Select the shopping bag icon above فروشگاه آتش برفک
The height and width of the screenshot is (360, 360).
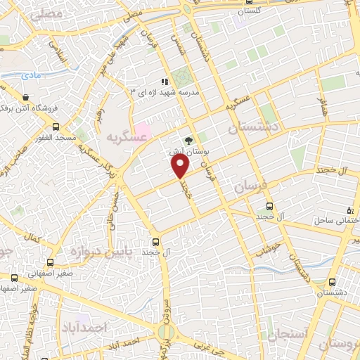click(x=26, y=97)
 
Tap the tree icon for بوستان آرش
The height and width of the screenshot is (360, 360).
click(x=188, y=140)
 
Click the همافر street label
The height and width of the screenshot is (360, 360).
click(x=323, y=106)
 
